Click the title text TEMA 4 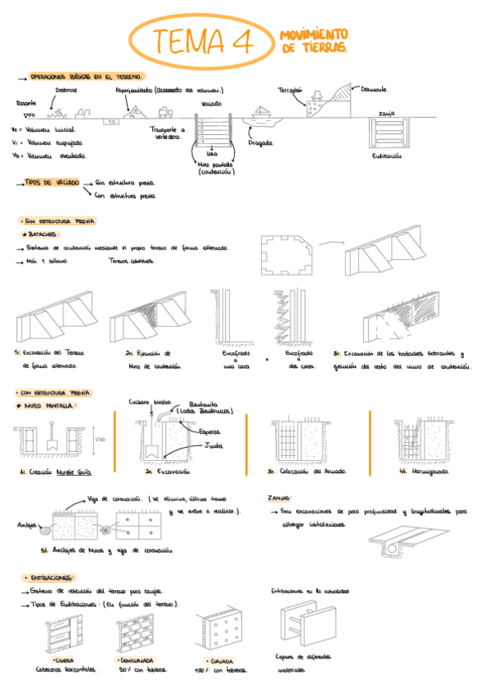pos(201,42)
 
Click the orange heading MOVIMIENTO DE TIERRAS pos(313,42)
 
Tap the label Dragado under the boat pos(260,141)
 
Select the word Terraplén pos(290,89)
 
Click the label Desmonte pos(374,89)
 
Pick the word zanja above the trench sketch pos(389,112)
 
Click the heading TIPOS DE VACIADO pos(52,183)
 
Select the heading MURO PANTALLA pos(48,405)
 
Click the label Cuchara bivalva pos(149,401)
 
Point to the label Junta pos(214,445)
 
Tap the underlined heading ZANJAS pos(280,497)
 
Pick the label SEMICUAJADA pos(137,658)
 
